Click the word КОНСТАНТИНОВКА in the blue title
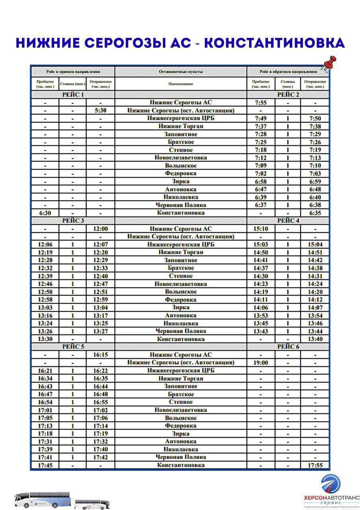[274, 43]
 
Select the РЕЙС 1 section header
[73, 94]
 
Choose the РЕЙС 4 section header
[288, 221]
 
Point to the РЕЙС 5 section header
[73, 347]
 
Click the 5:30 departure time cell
[100, 110]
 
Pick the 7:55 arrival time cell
[260, 102]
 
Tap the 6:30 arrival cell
[45, 213]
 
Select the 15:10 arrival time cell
[260, 229]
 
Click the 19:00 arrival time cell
[260, 363]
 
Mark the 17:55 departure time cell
[315, 465]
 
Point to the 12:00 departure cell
[100, 229]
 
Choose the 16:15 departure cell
[100, 355]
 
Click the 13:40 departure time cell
[315, 339]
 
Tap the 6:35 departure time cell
[315, 213]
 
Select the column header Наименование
[181, 84]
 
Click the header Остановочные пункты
[181, 72]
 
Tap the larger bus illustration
[43, 499]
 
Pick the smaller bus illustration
[92, 504]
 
